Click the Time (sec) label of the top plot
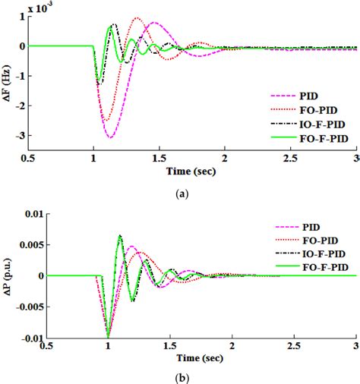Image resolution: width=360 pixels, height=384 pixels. coord(195,173)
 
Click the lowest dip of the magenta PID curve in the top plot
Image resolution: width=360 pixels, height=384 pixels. coord(111,137)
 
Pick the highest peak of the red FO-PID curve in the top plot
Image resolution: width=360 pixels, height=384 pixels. coord(137,18)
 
